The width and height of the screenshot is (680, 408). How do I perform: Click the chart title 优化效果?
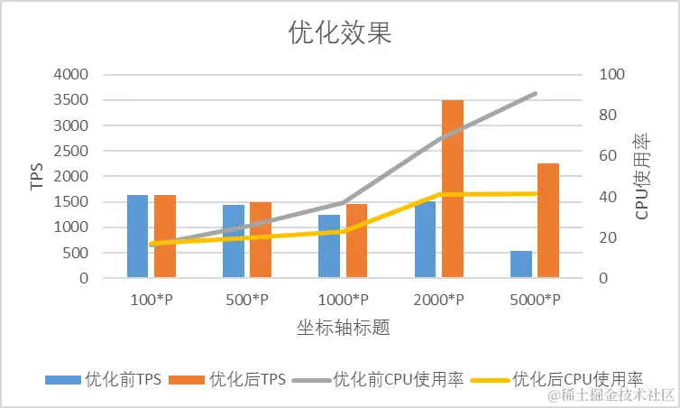[x=340, y=33]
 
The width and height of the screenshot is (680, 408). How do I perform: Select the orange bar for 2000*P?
[x=452, y=189]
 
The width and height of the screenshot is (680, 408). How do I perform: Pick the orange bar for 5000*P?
[x=548, y=220]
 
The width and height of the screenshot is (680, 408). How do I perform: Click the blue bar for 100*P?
[x=137, y=236]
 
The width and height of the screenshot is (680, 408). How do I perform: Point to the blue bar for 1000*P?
[x=329, y=246]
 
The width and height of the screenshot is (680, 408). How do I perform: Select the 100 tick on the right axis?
[x=611, y=74]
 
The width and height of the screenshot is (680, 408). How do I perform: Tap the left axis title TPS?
[x=37, y=176]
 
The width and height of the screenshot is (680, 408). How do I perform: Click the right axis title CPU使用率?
[x=642, y=176]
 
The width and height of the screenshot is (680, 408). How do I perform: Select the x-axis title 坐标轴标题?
[x=343, y=327]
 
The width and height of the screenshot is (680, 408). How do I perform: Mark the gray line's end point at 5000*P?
[x=537, y=93]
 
